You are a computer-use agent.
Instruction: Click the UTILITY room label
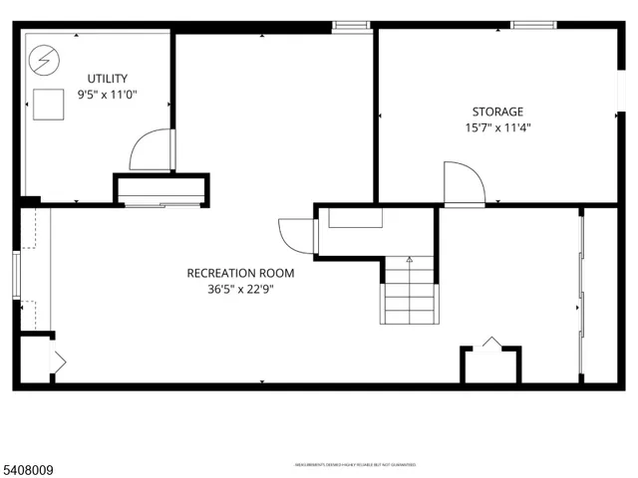107,79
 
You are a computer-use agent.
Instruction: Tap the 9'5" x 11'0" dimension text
107,95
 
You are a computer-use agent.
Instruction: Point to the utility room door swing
151,150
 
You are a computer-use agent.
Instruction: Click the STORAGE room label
496,112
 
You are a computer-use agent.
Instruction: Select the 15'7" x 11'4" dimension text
496,127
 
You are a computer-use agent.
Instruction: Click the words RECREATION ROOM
234,273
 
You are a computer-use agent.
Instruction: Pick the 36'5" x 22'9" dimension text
234,289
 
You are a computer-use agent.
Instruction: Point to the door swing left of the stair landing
297,236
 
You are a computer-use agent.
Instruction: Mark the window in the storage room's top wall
528,24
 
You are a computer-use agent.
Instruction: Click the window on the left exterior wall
16,274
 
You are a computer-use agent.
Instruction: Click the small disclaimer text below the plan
354,464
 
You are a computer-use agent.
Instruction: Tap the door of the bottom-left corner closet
58,361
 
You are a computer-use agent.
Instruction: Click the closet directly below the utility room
161,190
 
